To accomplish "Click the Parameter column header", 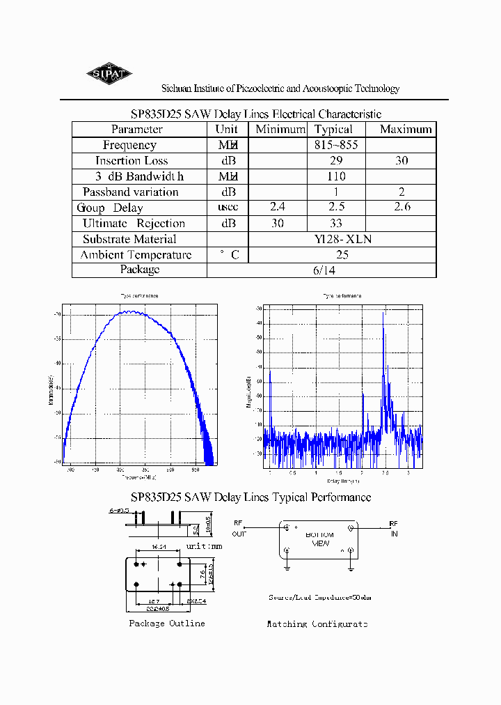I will click(x=137, y=130).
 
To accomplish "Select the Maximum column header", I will click(x=406, y=130).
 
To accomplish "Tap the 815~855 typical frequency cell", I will click(x=336, y=145).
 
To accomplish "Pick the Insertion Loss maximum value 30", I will click(x=401, y=161).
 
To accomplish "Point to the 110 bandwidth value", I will click(x=336, y=176).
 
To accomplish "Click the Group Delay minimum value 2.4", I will click(x=277, y=207).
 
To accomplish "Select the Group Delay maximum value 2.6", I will click(x=402, y=207).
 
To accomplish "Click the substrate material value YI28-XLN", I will click(x=343, y=239).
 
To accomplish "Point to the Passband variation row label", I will click(x=130, y=192).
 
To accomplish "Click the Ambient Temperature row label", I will click(x=136, y=255).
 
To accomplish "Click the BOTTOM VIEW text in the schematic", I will click(x=319, y=539).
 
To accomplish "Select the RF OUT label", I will click(x=239, y=528).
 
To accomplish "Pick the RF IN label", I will click(x=394, y=528).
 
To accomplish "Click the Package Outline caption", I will click(x=167, y=623).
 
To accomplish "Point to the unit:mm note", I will click(x=205, y=547).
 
